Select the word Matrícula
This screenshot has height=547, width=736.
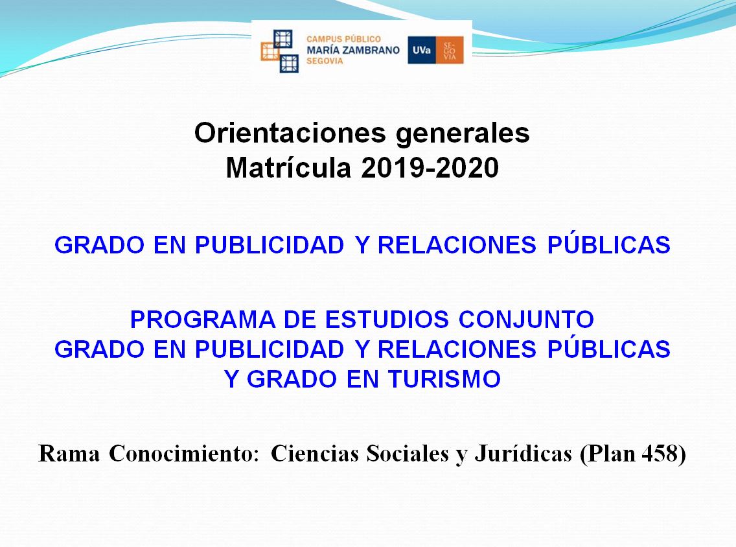point(288,167)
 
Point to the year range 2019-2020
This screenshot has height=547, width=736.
point(430,168)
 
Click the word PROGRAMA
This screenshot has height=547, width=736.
point(202,320)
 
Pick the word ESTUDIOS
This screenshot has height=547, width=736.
point(387,320)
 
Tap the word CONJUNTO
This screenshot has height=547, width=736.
point(526,320)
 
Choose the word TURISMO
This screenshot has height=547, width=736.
point(444,379)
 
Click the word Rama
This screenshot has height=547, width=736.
point(69,454)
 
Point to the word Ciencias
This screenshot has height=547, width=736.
point(315,454)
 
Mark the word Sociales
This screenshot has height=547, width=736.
point(408,454)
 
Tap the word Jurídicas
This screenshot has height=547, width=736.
point(523,454)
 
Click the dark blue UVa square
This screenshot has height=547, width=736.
point(422,50)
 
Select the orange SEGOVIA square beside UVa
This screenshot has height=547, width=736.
point(450,50)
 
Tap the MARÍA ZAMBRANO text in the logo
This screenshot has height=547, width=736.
point(353,50)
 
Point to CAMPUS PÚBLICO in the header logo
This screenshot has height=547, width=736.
point(343,39)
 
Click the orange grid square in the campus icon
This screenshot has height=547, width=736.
point(270,51)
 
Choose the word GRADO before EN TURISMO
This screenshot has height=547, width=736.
point(292,379)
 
